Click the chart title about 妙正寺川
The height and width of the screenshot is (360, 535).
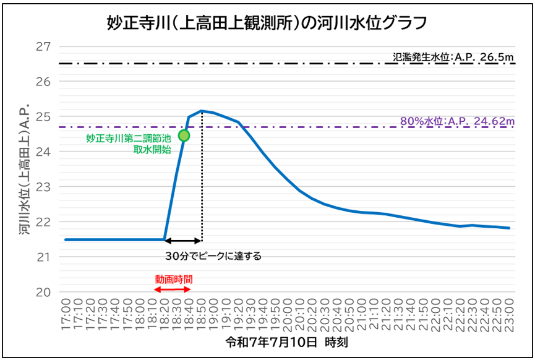[x=267, y=24]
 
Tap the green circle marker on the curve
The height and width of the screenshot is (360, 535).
[x=184, y=135]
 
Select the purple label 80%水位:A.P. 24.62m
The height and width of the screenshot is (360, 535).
[x=457, y=121]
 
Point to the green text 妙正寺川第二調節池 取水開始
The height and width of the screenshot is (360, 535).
[x=128, y=144]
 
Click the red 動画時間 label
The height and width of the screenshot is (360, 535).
[x=173, y=279]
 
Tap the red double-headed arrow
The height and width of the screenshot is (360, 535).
[x=173, y=289]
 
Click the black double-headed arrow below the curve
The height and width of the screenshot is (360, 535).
[x=183, y=240]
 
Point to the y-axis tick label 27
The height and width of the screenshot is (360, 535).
[x=43, y=47]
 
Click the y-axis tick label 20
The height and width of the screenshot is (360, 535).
[x=43, y=292]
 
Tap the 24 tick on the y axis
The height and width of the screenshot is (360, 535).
[x=43, y=152]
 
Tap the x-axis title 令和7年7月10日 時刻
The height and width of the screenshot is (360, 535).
[x=289, y=341]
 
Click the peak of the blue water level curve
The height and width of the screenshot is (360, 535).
[x=202, y=111]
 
